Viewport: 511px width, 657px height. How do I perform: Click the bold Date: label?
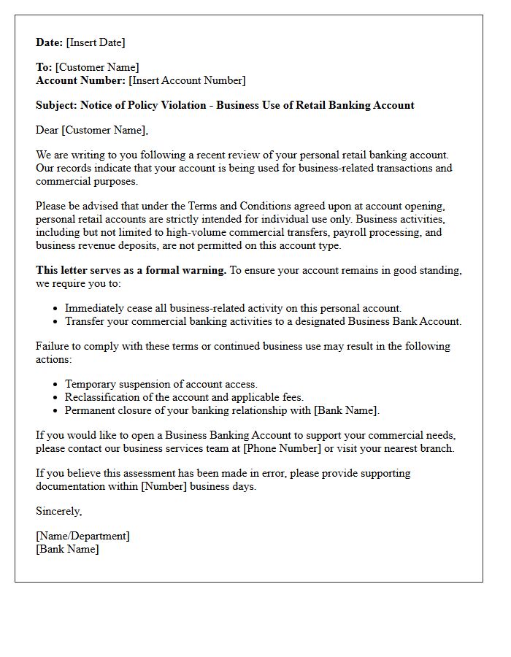coord(50,42)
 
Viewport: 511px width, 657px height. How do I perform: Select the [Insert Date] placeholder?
coord(96,42)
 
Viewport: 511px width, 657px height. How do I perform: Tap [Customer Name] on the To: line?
coord(97,67)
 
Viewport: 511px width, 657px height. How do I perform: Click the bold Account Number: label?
coord(80,80)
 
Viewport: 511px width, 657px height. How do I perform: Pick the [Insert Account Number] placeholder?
coord(187,80)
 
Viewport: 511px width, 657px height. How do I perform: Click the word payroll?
coord(353,232)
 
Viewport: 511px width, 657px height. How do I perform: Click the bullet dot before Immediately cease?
coord(56,309)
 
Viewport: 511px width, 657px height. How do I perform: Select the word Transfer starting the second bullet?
coord(84,321)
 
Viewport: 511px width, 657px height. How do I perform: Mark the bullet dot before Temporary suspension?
coord(56,385)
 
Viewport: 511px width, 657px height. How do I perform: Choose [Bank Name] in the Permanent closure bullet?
coord(346,410)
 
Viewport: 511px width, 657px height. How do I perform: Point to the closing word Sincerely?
coord(58,511)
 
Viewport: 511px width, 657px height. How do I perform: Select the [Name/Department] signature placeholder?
coord(82,536)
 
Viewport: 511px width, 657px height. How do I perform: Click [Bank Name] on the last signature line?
coord(67,549)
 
